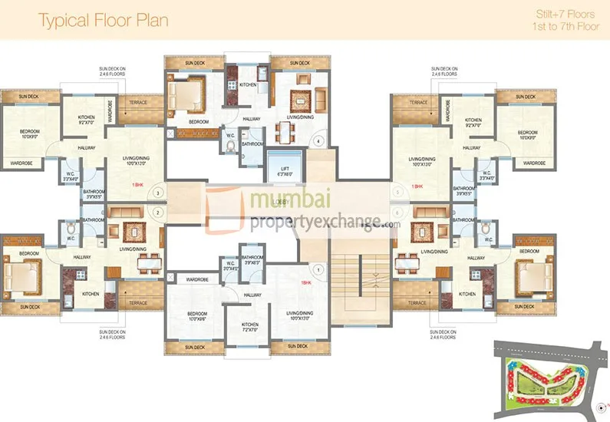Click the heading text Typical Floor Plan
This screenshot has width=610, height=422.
[x=103, y=20]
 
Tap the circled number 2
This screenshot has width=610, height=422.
[x=158, y=212]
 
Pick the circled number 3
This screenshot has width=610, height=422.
[x=158, y=193]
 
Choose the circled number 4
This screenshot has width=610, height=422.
[x=319, y=140]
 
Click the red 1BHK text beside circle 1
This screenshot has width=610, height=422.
[x=305, y=282]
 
